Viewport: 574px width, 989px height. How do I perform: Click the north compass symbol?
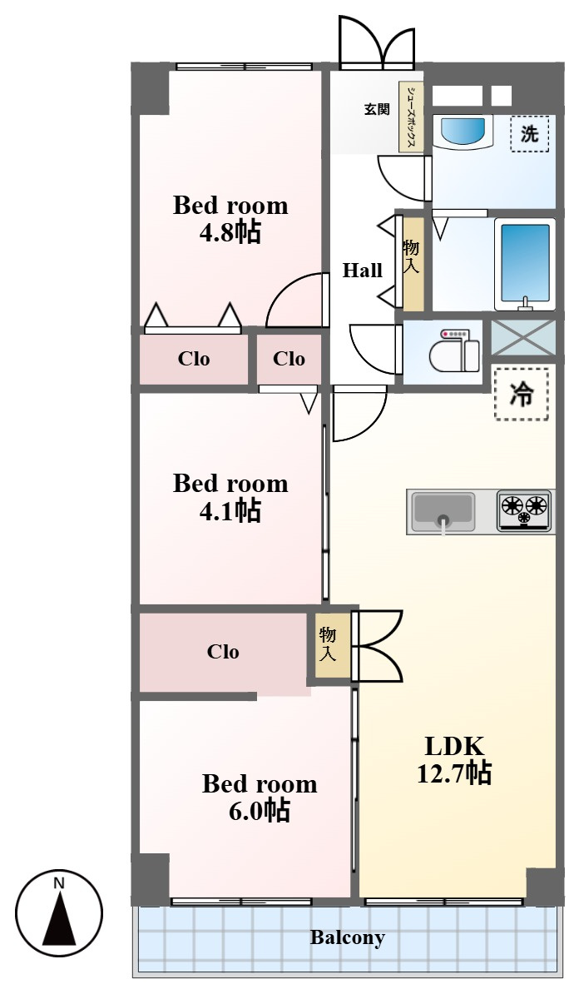(58, 912)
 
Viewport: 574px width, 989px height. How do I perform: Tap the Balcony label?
(347, 937)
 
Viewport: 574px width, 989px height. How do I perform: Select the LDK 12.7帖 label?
(454, 759)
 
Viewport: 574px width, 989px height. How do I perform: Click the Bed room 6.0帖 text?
(260, 797)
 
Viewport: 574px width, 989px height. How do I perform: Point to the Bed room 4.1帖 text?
(230, 497)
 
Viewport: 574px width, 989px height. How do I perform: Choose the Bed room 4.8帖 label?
(230, 218)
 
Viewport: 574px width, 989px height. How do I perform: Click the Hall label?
(363, 270)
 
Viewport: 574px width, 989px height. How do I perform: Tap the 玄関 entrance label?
(377, 108)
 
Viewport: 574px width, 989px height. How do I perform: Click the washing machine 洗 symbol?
(529, 134)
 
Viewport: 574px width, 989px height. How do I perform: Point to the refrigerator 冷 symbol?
(521, 395)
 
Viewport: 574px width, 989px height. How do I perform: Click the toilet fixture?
(454, 351)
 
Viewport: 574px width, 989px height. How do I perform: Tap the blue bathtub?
(525, 264)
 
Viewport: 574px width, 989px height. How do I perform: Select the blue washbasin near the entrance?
(463, 132)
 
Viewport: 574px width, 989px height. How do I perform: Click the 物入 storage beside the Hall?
(413, 264)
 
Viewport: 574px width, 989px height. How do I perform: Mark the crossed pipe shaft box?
(523, 337)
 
